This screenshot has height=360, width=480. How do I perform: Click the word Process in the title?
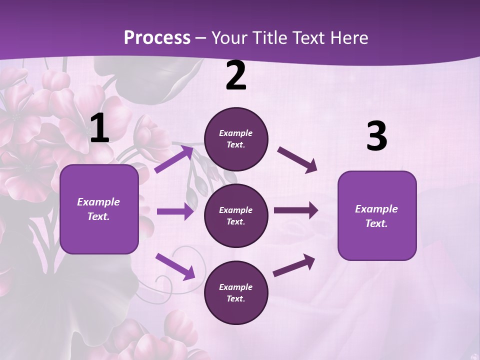point(157,38)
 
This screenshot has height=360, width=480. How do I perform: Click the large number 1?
point(99,128)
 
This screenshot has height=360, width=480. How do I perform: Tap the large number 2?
point(235,76)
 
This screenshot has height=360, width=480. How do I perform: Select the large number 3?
point(376,136)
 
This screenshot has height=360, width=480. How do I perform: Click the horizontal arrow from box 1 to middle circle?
point(174,211)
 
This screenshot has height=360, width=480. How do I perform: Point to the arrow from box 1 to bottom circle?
point(175,266)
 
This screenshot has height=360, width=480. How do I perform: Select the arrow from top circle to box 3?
point(297,159)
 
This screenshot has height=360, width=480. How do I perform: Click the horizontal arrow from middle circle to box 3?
point(295,210)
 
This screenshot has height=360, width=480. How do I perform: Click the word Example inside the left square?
point(98,202)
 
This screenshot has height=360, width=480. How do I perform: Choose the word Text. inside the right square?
point(376,223)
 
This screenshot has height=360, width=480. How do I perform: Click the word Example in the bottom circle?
point(236,287)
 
